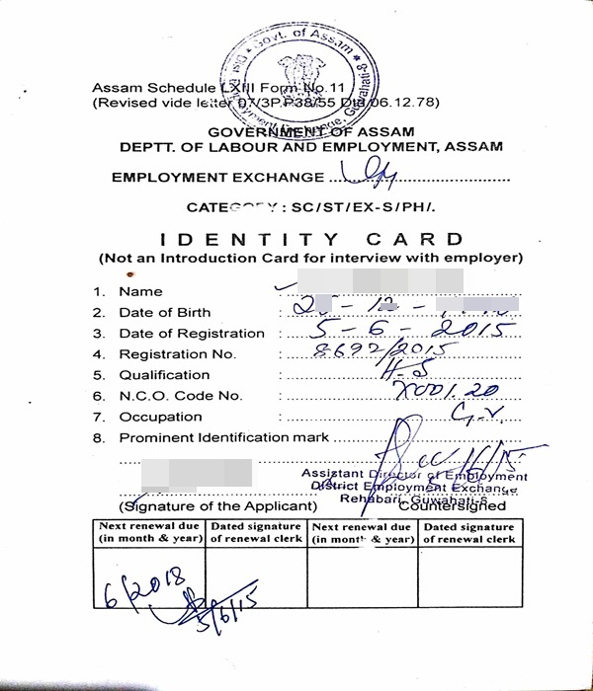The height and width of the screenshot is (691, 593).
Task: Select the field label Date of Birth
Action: pos(165,312)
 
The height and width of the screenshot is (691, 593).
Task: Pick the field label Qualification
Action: pos(164,375)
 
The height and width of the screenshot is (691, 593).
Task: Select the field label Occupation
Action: pos(160,417)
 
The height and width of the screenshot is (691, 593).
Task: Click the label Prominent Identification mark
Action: pos(224,437)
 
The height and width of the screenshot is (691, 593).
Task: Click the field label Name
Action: pos(140,291)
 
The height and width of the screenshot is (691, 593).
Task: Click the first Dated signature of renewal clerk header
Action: pos(255,533)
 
